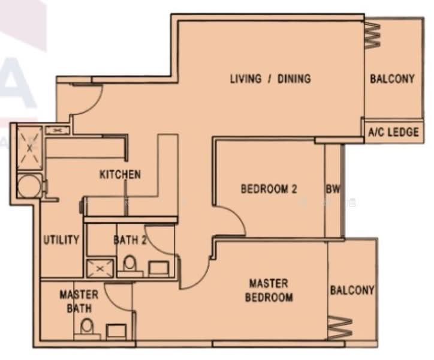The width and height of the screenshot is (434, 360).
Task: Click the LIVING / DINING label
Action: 270,79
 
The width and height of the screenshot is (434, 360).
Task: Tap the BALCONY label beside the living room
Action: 392,79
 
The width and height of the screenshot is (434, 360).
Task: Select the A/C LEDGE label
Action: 393,132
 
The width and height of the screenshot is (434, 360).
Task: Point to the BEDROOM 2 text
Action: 269,189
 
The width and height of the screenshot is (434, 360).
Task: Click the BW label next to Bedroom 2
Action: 333,189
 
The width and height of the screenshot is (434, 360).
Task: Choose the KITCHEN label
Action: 120,175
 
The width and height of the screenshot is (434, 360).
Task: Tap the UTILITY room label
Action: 61,240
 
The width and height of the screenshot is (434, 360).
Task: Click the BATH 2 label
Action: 131,240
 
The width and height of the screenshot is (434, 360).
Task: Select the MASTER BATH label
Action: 79,301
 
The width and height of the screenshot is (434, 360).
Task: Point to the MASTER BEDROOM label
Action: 269,290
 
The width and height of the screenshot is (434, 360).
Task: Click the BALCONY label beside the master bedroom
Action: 352,290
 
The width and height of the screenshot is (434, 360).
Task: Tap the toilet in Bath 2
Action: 129,264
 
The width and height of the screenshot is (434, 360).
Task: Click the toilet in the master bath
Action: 88,328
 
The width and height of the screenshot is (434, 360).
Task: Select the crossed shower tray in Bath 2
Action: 98,268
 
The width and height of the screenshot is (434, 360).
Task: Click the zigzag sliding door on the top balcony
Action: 372,35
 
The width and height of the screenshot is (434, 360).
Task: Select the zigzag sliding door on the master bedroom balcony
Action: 339,328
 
